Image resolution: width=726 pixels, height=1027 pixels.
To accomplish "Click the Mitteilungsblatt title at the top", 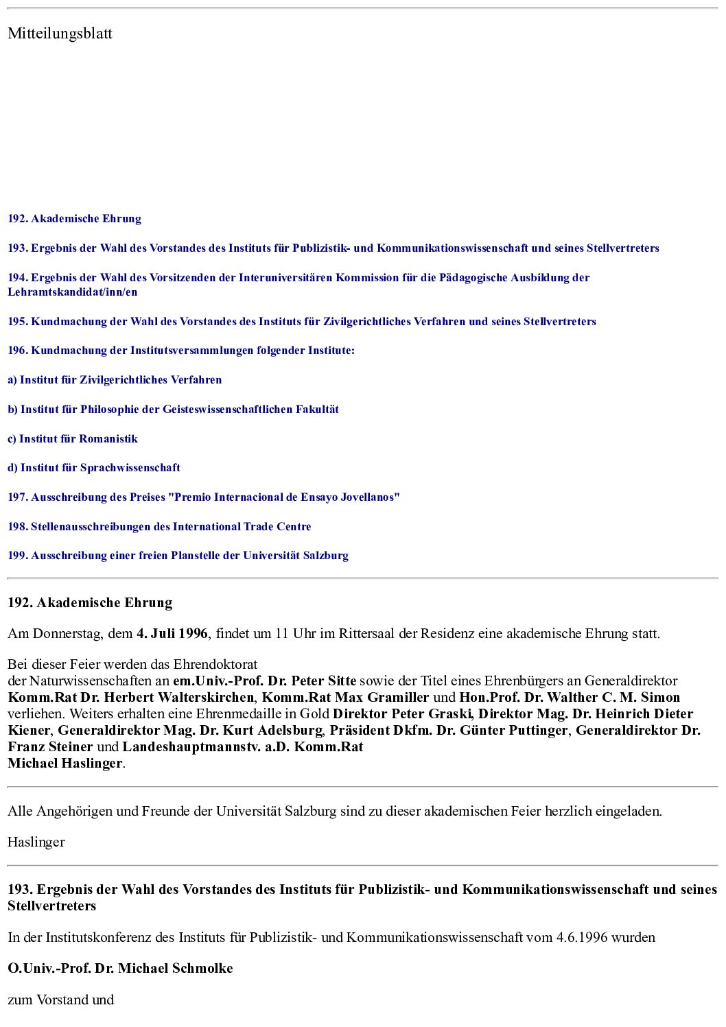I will [60, 34].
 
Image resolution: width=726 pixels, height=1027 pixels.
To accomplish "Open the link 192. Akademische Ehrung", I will [74, 219].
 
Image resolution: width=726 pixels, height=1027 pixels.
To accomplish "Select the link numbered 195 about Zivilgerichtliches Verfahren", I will [302, 322].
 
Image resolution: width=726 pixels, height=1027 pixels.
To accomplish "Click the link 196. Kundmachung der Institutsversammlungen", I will [181, 351].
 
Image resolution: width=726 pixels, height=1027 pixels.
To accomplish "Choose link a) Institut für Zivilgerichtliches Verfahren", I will [115, 380].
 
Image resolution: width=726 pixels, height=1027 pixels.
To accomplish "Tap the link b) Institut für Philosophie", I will [173, 410].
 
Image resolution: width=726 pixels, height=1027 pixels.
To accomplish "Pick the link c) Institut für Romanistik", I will [73, 439].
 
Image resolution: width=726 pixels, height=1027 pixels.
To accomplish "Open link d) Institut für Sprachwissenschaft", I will [94, 468].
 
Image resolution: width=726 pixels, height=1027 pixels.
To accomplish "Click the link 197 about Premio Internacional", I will [204, 497].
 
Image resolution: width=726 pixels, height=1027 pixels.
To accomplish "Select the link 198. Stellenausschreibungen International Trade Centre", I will [159, 527].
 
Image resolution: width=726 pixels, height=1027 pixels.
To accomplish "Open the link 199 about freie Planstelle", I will [178, 556].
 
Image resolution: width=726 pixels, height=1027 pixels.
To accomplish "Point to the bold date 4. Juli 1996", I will [172, 634].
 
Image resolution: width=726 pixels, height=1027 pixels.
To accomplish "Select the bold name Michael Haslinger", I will [65, 764].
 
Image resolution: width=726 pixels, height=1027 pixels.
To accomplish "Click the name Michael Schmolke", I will [175, 969].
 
